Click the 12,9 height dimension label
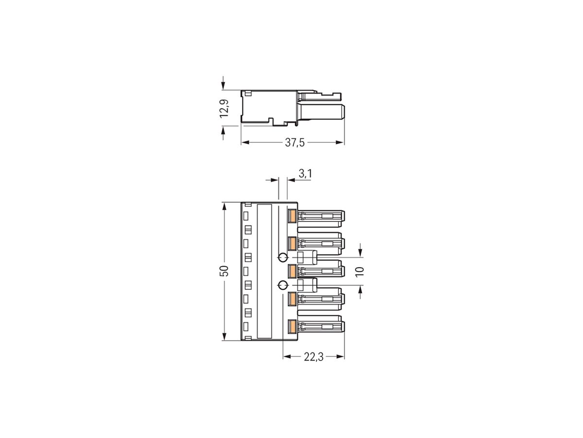[224, 108]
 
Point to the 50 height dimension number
[224, 271]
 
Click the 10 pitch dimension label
[360, 271]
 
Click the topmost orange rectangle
[292, 216]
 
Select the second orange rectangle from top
[292, 243]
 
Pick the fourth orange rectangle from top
[292, 298]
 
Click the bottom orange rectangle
[292, 326]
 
